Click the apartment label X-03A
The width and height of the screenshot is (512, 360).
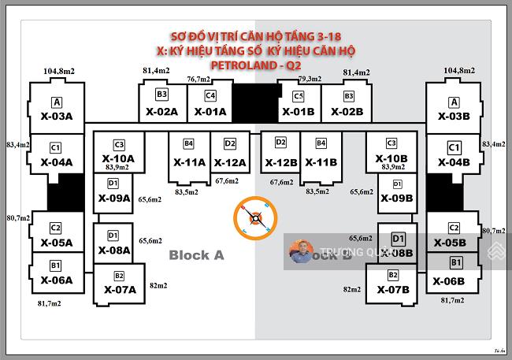56,117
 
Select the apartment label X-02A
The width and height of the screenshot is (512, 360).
161,112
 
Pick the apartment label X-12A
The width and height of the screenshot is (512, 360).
230,162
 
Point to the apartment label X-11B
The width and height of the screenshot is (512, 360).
321,162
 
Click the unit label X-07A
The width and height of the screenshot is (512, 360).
120,290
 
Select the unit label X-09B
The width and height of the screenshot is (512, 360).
395,199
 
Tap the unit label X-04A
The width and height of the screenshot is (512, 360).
56,162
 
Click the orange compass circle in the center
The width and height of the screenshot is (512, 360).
256,215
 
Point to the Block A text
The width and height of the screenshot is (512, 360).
197,255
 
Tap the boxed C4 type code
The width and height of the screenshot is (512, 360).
210,95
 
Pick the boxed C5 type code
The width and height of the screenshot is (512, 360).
299,96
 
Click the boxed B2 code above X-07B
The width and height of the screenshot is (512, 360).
392,276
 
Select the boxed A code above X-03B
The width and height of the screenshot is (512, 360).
454,102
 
